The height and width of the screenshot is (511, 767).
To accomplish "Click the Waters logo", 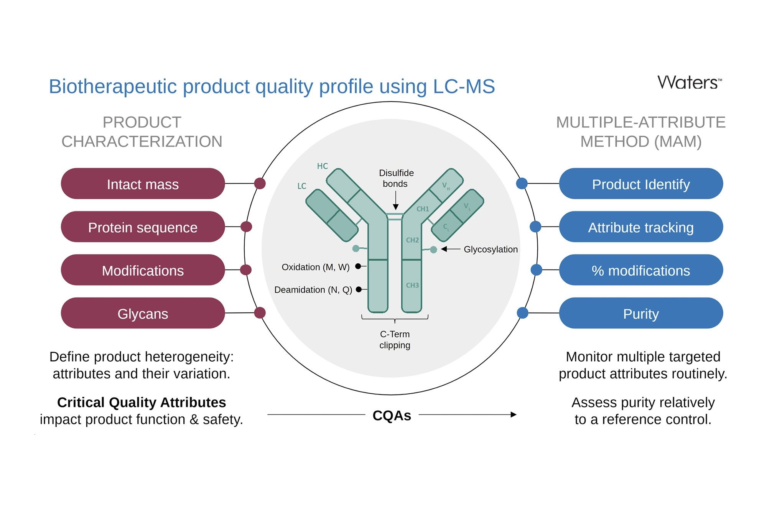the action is (690, 82).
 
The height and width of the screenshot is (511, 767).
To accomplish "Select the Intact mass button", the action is (143, 184).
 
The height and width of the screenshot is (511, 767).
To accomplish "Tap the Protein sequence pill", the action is (143, 227).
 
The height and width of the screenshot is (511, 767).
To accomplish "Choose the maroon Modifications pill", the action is (143, 270).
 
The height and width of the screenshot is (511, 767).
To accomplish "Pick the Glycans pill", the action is (143, 313).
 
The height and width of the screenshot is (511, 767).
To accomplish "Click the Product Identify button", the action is (641, 184).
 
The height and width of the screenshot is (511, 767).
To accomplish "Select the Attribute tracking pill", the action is (641, 227).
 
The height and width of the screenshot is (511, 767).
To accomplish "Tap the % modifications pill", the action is (641, 270).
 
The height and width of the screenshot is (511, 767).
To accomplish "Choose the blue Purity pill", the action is (641, 313).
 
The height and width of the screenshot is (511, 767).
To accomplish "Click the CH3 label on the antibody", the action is (412, 285).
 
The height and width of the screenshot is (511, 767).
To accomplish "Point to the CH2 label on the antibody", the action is (412, 240).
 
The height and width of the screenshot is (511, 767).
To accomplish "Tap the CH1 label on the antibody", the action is (423, 209).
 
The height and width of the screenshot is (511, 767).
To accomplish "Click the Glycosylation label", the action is (490, 250).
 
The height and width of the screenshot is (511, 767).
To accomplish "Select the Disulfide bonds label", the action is (396, 178).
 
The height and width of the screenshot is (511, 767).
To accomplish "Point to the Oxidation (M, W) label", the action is (316, 267).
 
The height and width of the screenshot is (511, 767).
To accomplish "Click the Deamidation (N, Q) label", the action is (313, 290).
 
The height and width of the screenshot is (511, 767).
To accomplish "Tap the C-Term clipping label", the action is (395, 340).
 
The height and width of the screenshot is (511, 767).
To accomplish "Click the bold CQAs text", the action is (392, 416).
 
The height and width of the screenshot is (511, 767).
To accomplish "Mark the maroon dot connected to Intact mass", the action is (260, 184).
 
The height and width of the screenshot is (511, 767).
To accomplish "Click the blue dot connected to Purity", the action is (523, 313).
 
